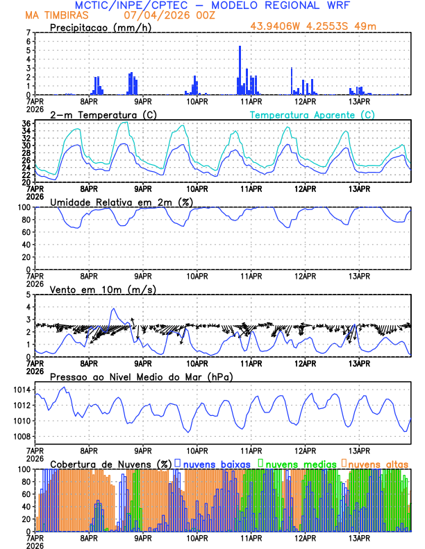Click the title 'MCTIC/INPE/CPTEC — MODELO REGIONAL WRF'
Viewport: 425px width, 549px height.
click(212, 6)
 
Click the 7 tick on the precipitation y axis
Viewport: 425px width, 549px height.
click(28, 33)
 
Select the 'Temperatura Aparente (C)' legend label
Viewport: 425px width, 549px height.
click(312, 114)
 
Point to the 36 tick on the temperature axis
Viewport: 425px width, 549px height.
click(26, 123)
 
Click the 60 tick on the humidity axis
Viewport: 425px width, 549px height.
click(26, 232)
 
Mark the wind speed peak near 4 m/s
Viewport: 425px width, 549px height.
click(113, 309)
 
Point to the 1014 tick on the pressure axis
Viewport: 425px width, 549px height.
click(22, 390)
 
